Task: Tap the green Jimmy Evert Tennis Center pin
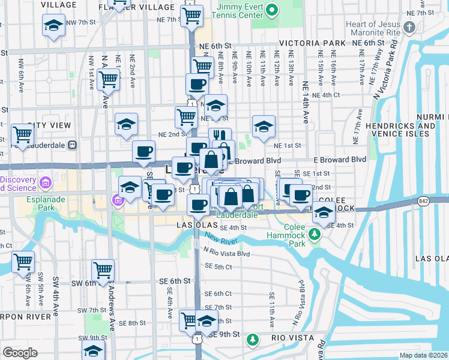(x=272, y=10)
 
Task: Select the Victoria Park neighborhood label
(x=312, y=43)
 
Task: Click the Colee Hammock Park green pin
(x=313, y=233)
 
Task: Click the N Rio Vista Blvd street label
(x=226, y=253)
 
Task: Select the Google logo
(x=20, y=353)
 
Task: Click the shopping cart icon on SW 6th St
(x=103, y=269)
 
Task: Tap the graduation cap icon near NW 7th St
(x=53, y=25)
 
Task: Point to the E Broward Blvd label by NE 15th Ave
(x=340, y=160)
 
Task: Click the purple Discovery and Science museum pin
(x=46, y=182)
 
